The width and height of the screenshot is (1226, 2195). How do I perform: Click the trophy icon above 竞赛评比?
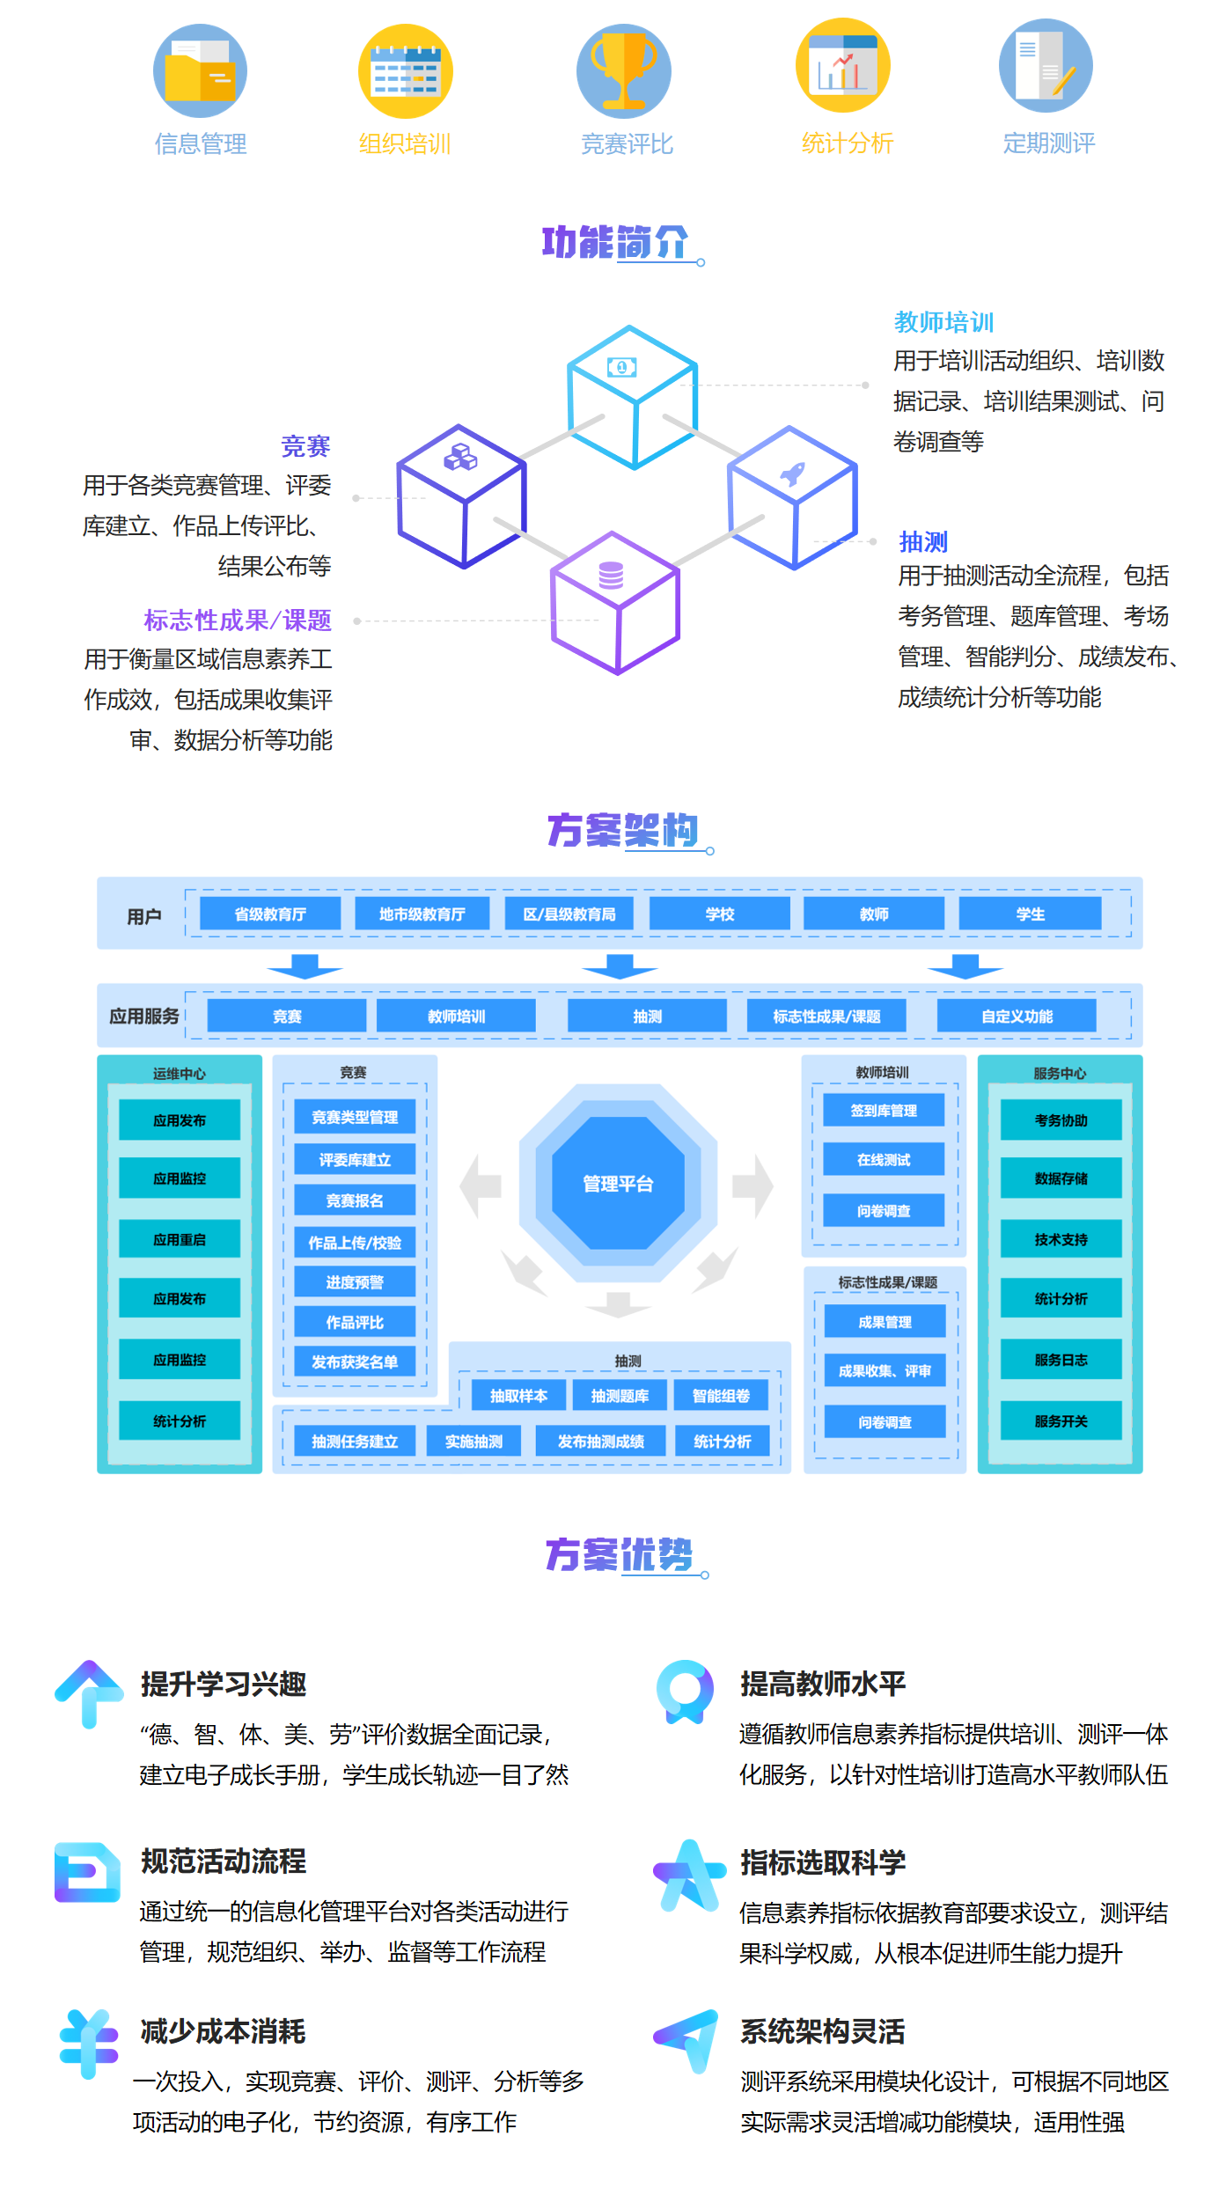click(623, 71)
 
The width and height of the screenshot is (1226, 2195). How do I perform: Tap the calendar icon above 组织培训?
click(405, 71)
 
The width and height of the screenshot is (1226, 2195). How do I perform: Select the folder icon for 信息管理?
click(200, 71)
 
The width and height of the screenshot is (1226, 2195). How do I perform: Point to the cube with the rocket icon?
click(792, 496)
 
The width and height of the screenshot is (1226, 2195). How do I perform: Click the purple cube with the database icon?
click(615, 602)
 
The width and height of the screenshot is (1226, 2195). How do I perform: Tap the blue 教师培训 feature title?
click(943, 323)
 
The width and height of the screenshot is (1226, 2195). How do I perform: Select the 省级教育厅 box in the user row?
click(270, 914)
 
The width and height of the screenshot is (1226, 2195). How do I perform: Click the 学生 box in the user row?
click(1030, 914)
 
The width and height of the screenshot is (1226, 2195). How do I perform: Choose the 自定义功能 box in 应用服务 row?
click(1017, 1016)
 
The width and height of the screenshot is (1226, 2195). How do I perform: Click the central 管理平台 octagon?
click(618, 1183)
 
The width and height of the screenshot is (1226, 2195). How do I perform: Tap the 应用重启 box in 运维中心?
click(180, 1239)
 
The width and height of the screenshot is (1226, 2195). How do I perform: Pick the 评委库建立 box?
click(355, 1159)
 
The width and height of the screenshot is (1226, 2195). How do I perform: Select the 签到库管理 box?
click(884, 1110)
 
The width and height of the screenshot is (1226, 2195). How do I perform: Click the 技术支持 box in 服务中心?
click(1061, 1239)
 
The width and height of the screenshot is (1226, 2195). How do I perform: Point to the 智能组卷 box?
click(721, 1395)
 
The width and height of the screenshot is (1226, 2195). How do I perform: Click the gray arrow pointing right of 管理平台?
click(752, 1185)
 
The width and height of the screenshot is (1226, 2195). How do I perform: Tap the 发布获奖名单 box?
click(355, 1362)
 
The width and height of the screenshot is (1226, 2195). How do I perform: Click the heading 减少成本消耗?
click(223, 2031)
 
